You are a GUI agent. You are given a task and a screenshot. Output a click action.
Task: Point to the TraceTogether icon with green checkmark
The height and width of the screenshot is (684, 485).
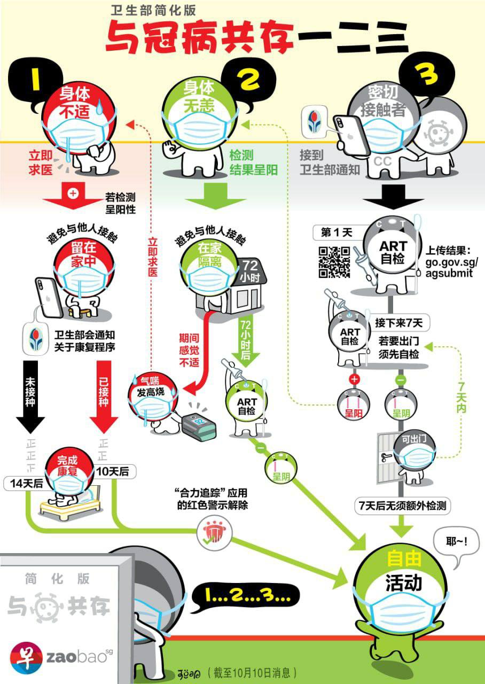(x=213, y=534)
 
